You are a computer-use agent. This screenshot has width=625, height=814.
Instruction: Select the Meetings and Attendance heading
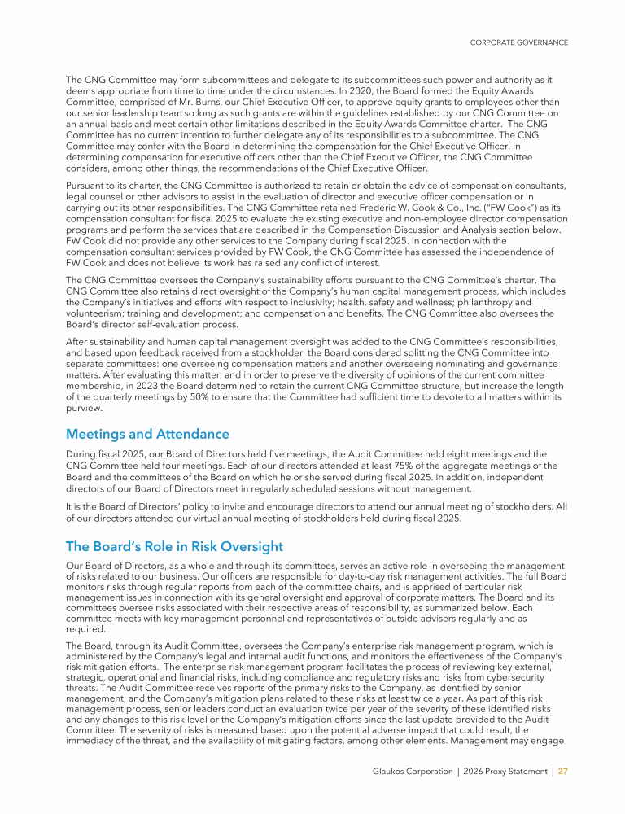pyautogui.click(x=147, y=434)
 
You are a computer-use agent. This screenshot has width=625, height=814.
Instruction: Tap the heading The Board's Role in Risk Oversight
pyautogui.click(x=174, y=545)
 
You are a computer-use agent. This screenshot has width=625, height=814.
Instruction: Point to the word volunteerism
pyautogui.click(x=94, y=313)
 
